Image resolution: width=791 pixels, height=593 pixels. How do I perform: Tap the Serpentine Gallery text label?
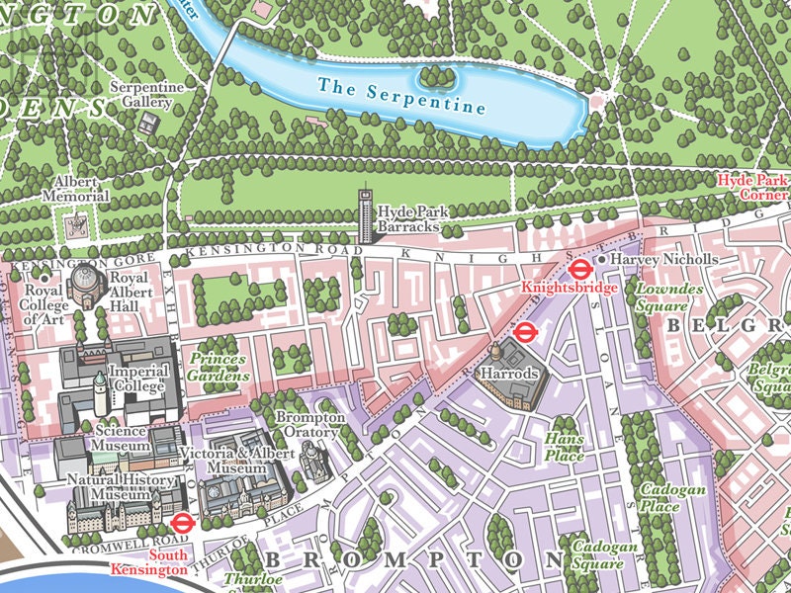click(147, 95)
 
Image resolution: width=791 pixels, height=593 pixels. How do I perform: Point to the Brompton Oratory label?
click(308, 426)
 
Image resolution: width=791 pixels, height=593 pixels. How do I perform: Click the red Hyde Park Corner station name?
click(753, 187)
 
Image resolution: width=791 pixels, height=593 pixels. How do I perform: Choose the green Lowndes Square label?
click(668, 296)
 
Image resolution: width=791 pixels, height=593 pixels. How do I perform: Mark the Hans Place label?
click(565, 448)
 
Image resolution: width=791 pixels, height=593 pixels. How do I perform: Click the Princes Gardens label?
click(218, 366)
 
